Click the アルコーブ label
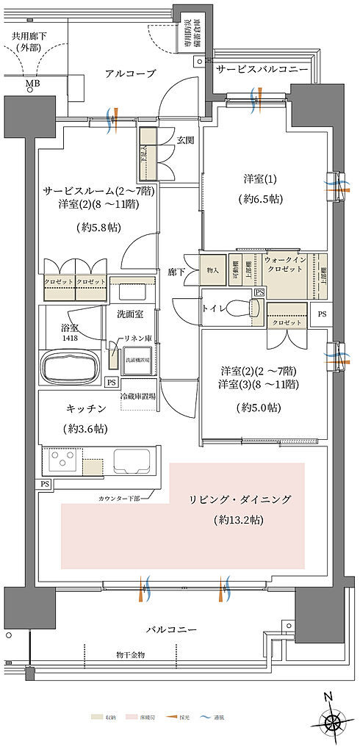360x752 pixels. (x=130, y=73)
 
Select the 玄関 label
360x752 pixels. (x=186, y=140)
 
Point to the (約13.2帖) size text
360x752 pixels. (x=240, y=520)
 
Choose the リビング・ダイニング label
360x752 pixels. (x=240, y=499)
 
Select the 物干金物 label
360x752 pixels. (x=131, y=654)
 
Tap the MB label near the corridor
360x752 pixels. (x=34, y=84)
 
